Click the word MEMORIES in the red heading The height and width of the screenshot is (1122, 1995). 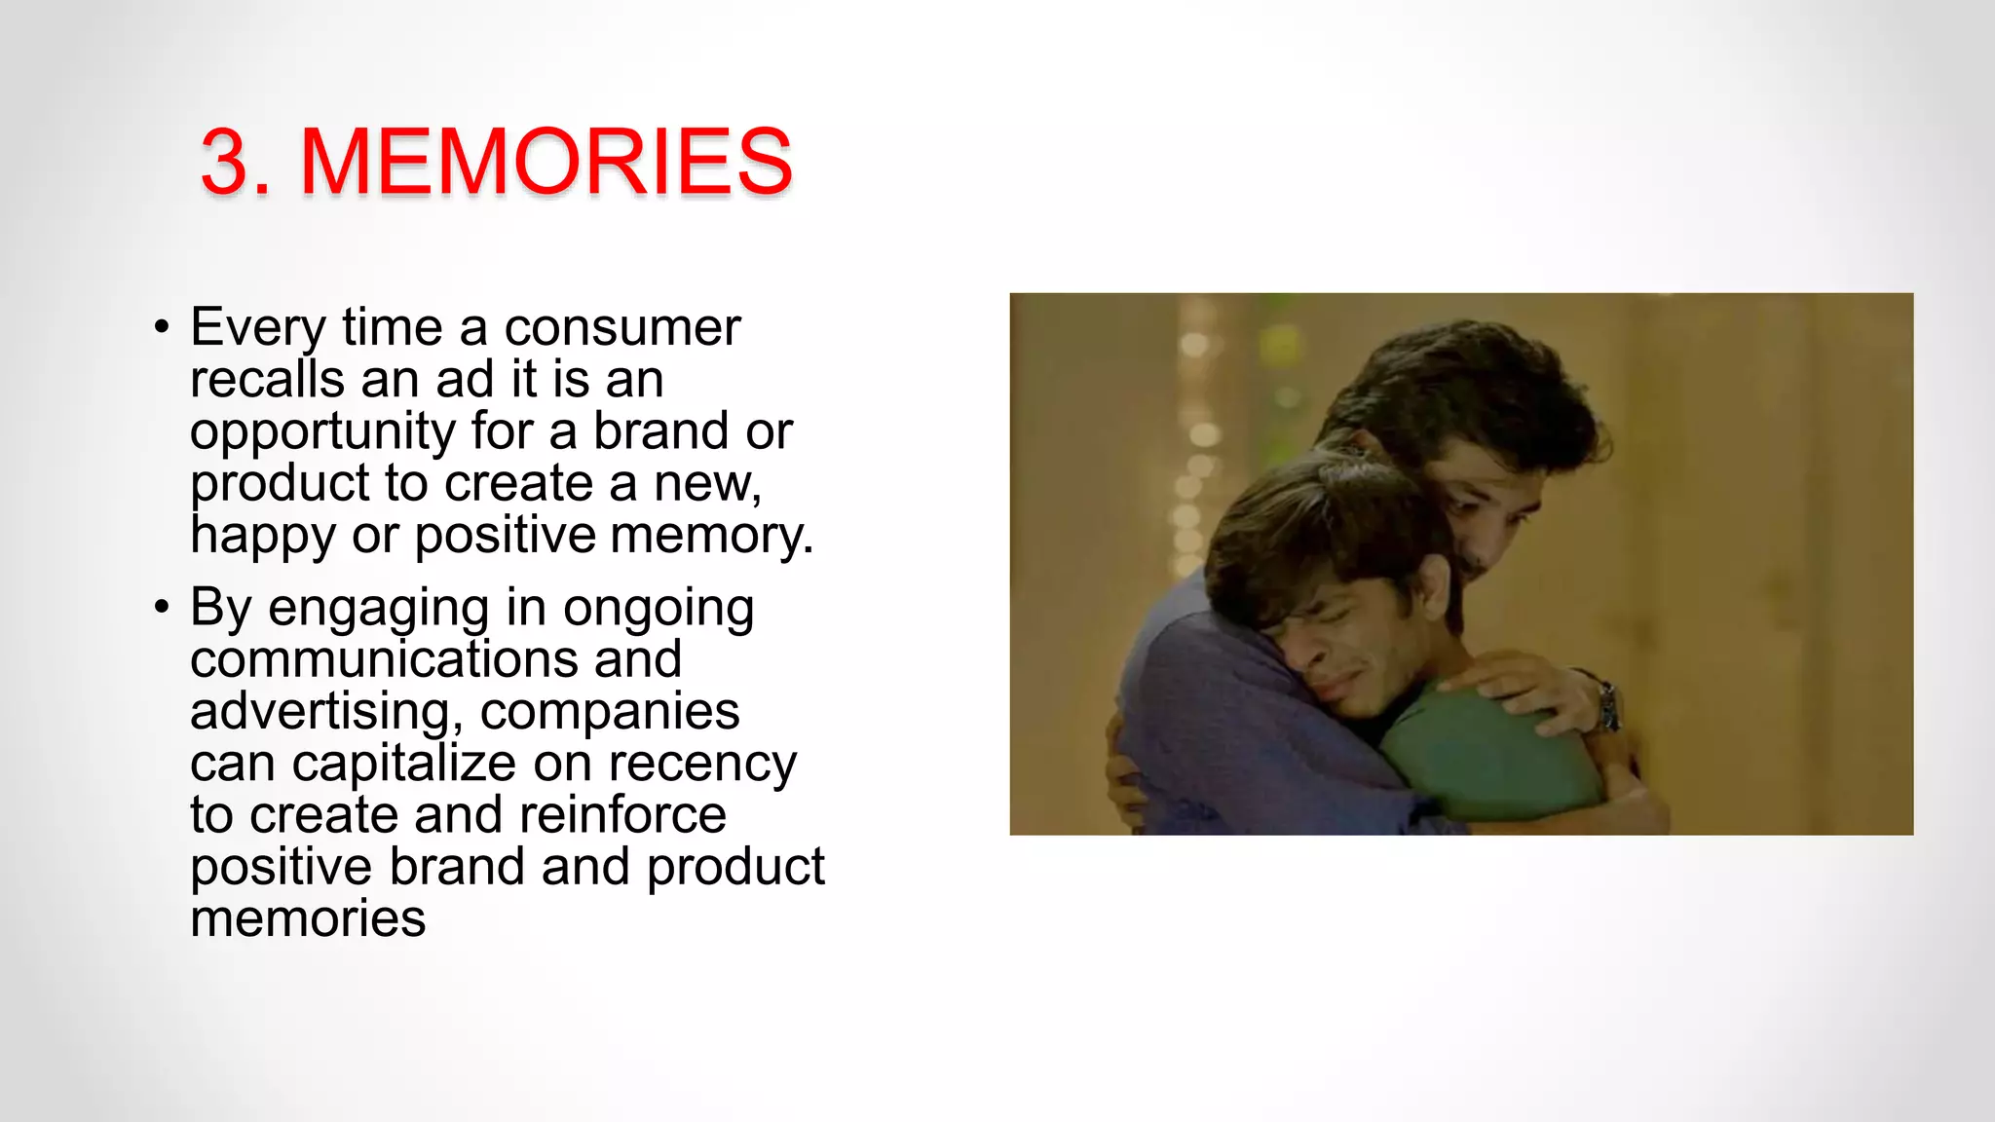(x=546, y=161)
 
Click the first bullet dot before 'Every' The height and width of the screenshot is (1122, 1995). (x=162, y=326)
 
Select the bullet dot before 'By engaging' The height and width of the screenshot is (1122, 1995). (x=162, y=607)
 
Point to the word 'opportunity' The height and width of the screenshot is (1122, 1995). (x=322, y=431)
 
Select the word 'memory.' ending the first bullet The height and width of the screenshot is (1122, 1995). (x=711, y=536)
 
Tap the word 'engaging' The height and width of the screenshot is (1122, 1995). (x=378, y=609)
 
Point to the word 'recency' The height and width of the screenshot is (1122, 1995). (x=701, y=765)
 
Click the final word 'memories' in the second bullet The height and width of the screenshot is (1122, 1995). (x=308, y=918)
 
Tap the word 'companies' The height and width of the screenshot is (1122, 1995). (x=610, y=712)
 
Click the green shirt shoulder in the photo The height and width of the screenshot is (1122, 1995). (x=1490, y=750)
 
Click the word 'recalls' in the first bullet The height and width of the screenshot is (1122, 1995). (x=267, y=379)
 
